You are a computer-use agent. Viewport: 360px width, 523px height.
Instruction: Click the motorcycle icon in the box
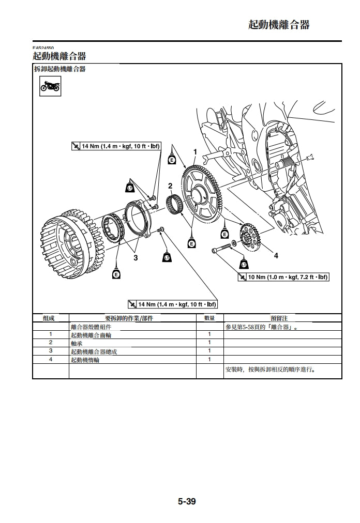(x=50, y=86)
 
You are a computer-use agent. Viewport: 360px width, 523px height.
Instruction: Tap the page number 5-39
(x=187, y=501)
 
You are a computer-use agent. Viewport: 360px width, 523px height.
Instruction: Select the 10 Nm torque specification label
(x=283, y=277)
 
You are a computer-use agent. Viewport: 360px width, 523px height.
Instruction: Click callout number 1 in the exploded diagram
(x=195, y=151)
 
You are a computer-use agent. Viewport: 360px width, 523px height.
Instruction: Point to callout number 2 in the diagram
(x=170, y=186)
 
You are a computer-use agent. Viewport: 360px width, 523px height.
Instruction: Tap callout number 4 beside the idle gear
(x=276, y=255)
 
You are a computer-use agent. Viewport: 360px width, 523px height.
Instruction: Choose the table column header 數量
(x=209, y=318)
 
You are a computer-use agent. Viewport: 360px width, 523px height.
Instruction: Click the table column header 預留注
(x=279, y=318)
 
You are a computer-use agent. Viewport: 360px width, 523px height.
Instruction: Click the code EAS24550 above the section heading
(x=43, y=48)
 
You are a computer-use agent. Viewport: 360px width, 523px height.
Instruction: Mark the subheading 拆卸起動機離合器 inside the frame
(x=60, y=69)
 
